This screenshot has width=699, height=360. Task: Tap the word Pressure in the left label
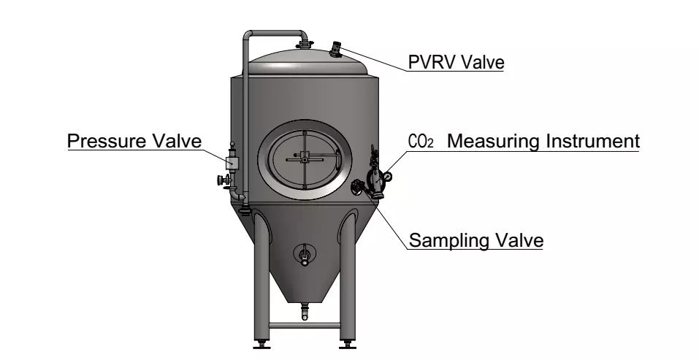107,141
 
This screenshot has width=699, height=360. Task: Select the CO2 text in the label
421,141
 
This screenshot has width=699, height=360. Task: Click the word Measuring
494,141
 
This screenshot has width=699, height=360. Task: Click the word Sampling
443,240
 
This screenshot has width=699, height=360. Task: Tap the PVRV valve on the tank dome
335,49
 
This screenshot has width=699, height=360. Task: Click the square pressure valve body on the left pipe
232,162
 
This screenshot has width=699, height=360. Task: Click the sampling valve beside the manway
357,186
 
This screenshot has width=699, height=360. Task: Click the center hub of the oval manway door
305,159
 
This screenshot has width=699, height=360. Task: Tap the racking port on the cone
305,255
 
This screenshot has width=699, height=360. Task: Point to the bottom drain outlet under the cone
305,311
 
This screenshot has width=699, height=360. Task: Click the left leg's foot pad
261,345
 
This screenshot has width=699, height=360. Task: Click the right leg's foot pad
348,345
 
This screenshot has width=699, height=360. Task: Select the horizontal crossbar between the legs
305,326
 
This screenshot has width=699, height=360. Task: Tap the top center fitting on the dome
305,45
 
